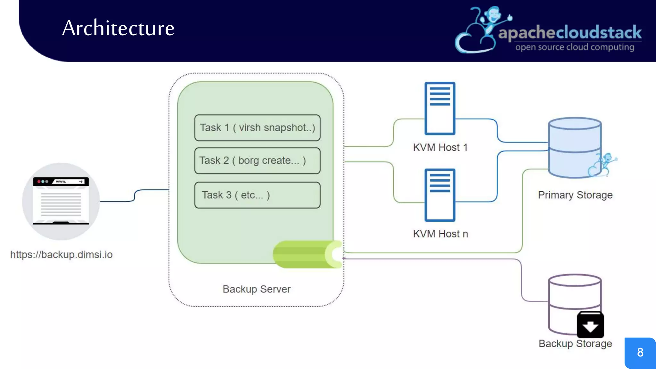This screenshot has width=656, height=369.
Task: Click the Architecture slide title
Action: tap(118, 28)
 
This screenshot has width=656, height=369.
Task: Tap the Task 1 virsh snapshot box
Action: tap(257, 128)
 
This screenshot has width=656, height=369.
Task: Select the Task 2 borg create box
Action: tap(257, 161)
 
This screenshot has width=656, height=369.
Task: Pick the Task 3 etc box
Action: tap(257, 195)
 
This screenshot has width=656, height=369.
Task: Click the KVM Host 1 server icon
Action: tap(440, 108)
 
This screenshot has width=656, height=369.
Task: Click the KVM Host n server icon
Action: tap(440, 195)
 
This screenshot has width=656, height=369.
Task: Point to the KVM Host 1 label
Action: tap(440, 147)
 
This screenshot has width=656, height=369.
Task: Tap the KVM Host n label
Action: tap(440, 234)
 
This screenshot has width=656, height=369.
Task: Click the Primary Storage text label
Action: tap(575, 195)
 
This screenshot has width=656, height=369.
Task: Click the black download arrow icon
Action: tap(590, 325)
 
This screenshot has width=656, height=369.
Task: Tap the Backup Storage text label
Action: tap(575, 343)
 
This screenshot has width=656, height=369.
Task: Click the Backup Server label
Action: tap(257, 289)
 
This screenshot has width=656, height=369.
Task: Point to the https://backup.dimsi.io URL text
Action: tap(61, 255)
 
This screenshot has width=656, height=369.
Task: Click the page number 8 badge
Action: tap(640, 352)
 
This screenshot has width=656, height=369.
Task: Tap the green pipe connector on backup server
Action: tap(306, 254)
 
